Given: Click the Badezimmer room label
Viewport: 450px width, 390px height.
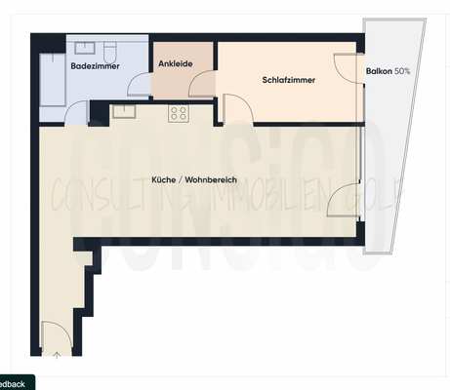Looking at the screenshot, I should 94,66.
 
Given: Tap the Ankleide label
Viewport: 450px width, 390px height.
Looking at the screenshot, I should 174,63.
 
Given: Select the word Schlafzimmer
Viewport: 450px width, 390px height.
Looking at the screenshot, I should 289,80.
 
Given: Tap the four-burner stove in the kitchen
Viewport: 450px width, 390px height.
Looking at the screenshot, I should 179,113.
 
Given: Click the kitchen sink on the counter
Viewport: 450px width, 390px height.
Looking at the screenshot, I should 124,111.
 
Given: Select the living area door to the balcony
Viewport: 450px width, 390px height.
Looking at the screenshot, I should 345,202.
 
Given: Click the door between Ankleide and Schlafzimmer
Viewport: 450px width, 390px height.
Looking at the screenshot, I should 204,85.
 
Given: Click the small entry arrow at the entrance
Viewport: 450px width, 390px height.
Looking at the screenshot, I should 57,356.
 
